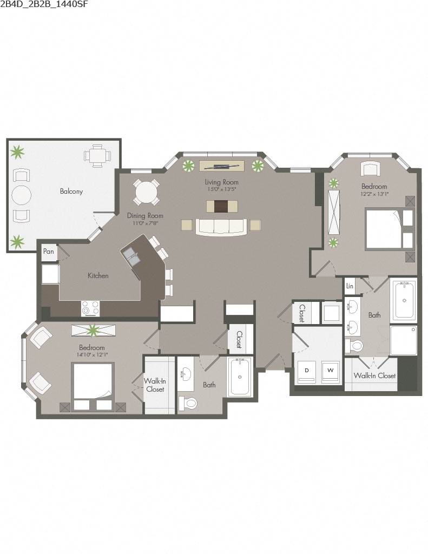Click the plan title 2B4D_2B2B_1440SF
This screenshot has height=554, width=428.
pyautogui.click(x=44, y=5)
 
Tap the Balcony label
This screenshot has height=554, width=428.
pyautogui.click(x=71, y=192)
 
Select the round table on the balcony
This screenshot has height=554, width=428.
pyautogui.click(x=21, y=195)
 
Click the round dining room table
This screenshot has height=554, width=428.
pyautogui.click(x=147, y=192)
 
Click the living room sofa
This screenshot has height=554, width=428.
pyautogui.click(x=221, y=227)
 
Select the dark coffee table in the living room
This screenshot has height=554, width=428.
pyautogui.click(x=222, y=206)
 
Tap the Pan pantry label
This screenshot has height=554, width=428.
pyautogui.click(x=49, y=252)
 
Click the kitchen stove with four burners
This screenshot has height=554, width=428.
pyautogui.click(x=90, y=308)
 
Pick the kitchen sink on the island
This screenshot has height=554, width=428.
pyautogui.click(x=131, y=255)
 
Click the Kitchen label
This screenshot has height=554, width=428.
pyautogui.click(x=98, y=276)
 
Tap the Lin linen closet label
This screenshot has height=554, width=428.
pyautogui.click(x=350, y=286)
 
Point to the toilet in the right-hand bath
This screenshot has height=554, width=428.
pyautogui.click(x=356, y=345)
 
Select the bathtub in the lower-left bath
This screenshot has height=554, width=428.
pyautogui.click(x=239, y=377)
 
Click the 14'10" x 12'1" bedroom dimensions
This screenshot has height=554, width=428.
pyautogui.click(x=92, y=355)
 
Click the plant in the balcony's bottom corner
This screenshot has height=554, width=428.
pyautogui.click(x=18, y=241)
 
